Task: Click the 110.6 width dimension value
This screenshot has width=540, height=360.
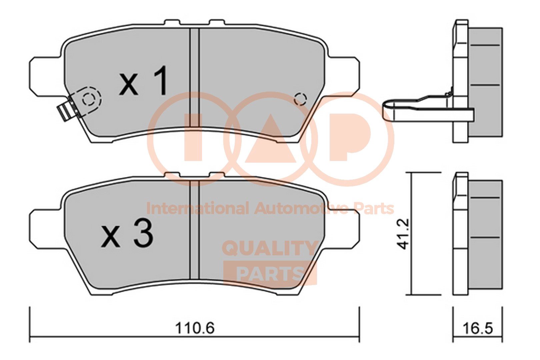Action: (195, 328)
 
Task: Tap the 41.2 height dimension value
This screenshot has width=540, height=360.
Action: (403, 233)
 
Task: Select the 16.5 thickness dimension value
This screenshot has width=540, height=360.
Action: (478, 328)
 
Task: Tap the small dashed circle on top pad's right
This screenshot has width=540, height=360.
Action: (300, 99)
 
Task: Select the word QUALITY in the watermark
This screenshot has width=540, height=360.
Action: (270, 248)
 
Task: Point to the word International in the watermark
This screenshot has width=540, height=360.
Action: (197, 209)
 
